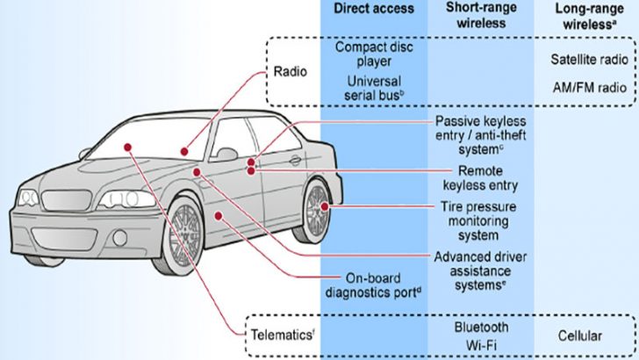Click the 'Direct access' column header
(x=375, y=9)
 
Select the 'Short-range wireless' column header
(x=480, y=16)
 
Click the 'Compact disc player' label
(x=375, y=54)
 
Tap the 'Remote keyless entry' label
(x=480, y=178)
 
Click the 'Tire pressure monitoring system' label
(x=480, y=220)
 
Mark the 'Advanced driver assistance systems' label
(x=480, y=270)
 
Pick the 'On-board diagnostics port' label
(x=375, y=286)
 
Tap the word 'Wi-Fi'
(x=480, y=344)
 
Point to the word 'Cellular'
(x=580, y=335)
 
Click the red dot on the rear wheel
(x=326, y=206)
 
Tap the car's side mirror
(x=226, y=155)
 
